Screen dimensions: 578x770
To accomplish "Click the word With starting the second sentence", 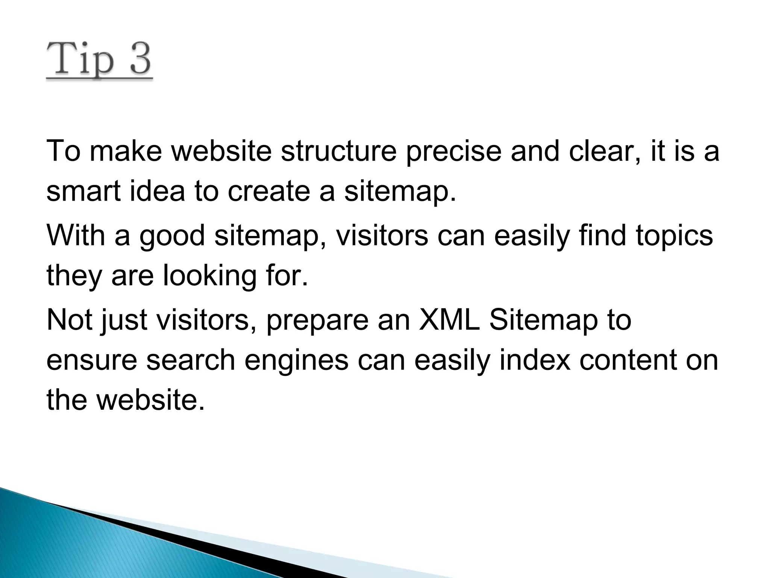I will click(x=76, y=235).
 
